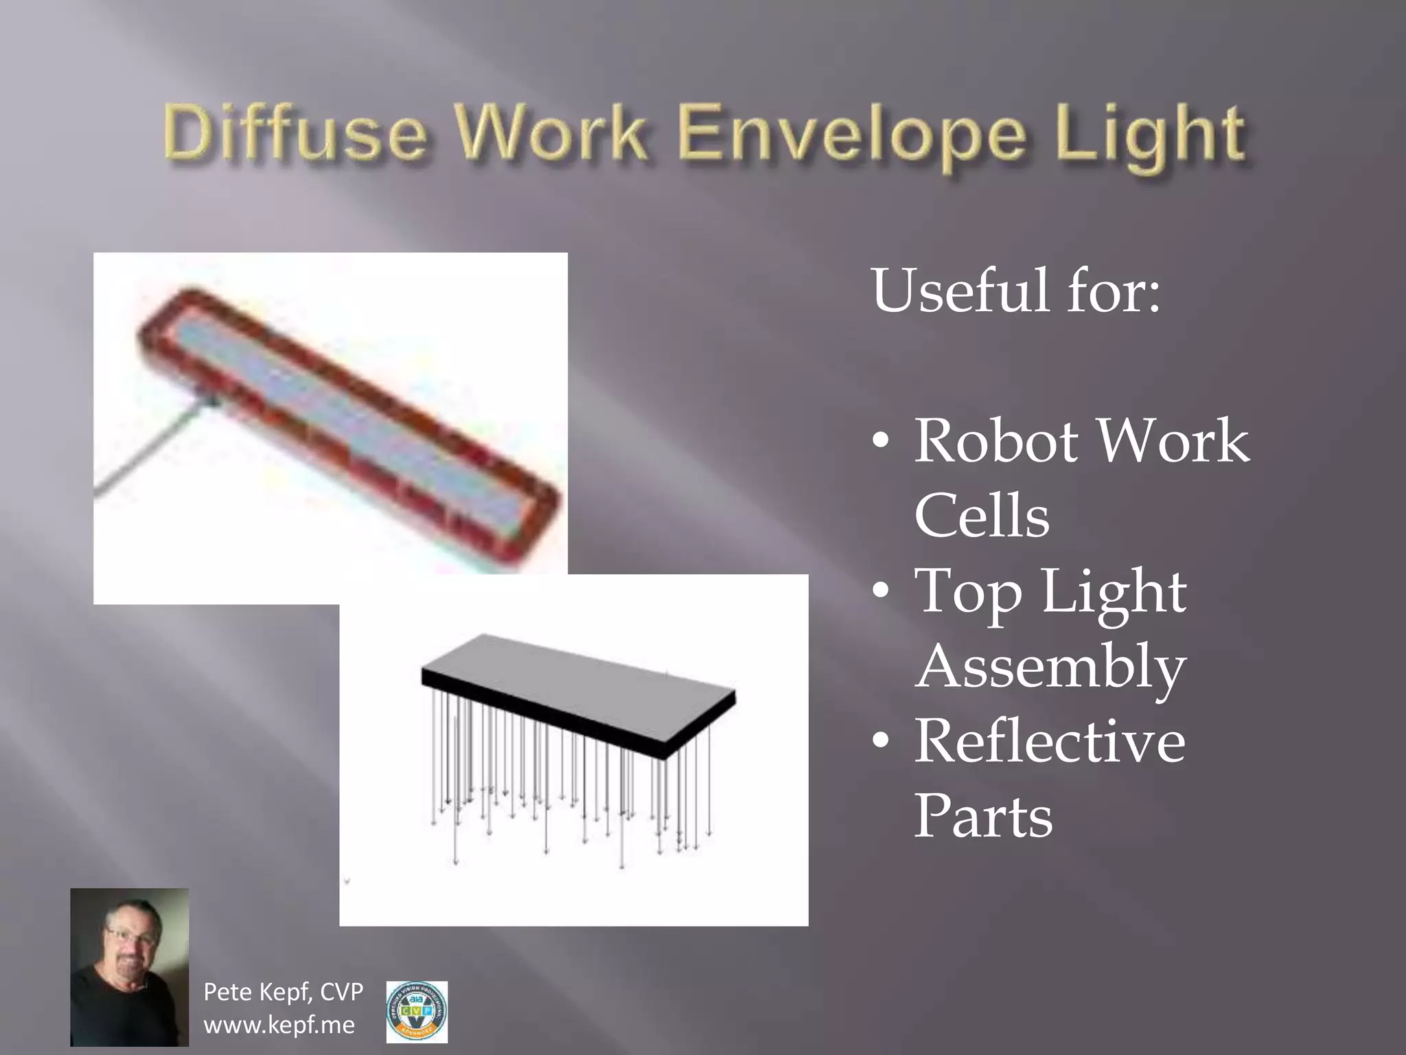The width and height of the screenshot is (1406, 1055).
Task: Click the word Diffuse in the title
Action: [295, 133]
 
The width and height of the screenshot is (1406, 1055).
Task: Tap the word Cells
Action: [982, 517]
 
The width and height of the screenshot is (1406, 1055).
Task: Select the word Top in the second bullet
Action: [969, 592]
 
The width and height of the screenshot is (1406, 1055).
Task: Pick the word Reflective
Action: [1050, 742]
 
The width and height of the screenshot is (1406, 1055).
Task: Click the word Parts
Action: [983, 817]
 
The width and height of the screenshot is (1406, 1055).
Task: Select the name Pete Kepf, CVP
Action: [283, 992]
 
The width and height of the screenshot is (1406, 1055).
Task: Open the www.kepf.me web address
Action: [279, 1025]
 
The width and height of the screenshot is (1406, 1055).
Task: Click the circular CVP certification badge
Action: [417, 1011]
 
